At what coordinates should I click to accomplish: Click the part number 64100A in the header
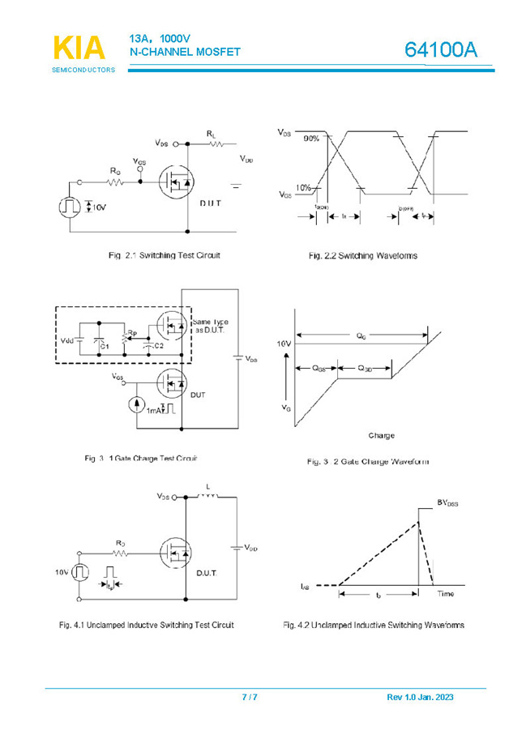[x=442, y=49]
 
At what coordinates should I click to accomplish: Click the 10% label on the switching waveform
[x=304, y=188]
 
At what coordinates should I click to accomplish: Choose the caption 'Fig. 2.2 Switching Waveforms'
[x=362, y=256]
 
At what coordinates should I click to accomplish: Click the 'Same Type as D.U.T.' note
[x=210, y=327]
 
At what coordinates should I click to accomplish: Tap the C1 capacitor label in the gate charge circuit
[x=105, y=346]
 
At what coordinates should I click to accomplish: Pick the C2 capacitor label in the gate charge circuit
[x=159, y=346]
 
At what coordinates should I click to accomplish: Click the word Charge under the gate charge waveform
[x=381, y=436]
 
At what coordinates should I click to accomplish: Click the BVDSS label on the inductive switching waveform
[x=447, y=503]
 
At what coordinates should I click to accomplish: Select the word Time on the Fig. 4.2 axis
[x=447, y=594]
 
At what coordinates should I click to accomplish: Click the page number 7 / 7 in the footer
[x=250, y=697]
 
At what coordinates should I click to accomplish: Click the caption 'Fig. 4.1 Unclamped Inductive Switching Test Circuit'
[x=147, y=625]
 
